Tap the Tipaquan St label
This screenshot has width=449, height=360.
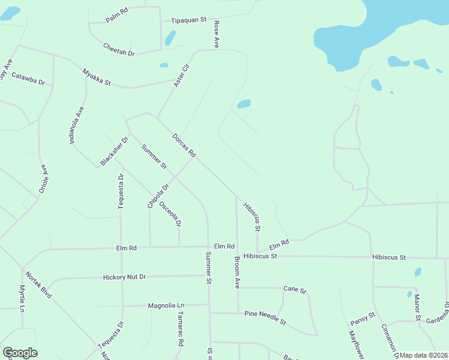click(x=188, y=20)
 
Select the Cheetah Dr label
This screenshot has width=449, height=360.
click(x=118, y=49)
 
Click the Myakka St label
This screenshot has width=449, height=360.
click(x=97, y=77)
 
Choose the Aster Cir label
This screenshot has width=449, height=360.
click(x=181, y=75)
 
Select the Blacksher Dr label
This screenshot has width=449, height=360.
click(x=115, y=152)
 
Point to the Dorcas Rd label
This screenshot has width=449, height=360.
click(x=184, y=145)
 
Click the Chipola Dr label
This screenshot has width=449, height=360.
click(x=158, y=196)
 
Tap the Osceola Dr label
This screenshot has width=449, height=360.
click(x=170, y=213)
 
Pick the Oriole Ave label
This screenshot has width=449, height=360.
click(x=43, y=178)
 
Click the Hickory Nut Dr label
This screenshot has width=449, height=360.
click(x=125, y=277)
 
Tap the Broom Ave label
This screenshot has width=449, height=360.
click(x=237, y=273)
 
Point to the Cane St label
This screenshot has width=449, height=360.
click(x=295, y=290)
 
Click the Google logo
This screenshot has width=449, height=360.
click(x=20, y=353)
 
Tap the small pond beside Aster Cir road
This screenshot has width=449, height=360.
click(x=164, y=65)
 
